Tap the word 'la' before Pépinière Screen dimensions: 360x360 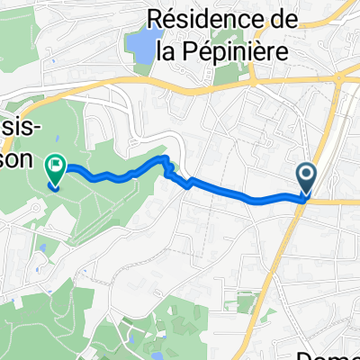tap(166, 51)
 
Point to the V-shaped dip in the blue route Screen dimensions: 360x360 tap(187, 184)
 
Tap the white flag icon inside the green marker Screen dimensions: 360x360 tap(56, 165)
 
